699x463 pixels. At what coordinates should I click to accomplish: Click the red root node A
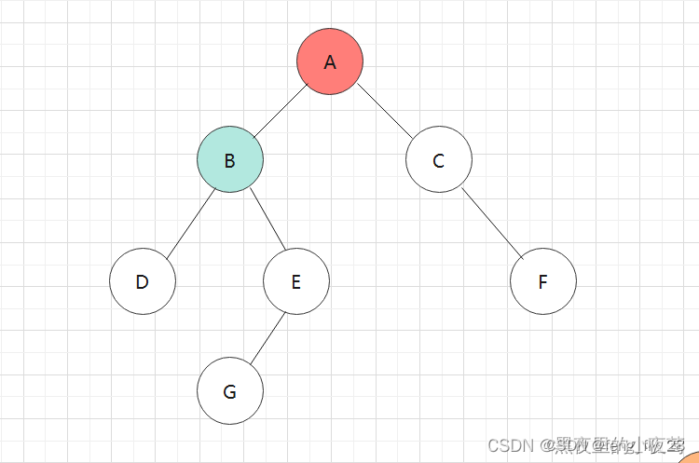(330, 61)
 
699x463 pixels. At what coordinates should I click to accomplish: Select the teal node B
(230, 159)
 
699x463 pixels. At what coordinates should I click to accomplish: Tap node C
(439, 159)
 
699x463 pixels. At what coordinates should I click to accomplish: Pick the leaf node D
(143, 280)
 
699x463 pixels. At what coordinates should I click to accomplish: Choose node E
(296, 280)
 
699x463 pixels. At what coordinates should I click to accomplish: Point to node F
(543, 280)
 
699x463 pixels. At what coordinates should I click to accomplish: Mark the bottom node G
(230, 390)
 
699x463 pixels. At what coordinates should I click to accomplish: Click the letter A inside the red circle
(330, 62)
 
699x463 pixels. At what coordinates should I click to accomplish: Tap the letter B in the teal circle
(230, 160)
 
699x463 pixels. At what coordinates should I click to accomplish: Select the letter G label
(230, 391)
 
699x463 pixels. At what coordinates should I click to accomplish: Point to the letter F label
(543, 281)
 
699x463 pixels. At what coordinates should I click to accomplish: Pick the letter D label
(143, 281)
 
